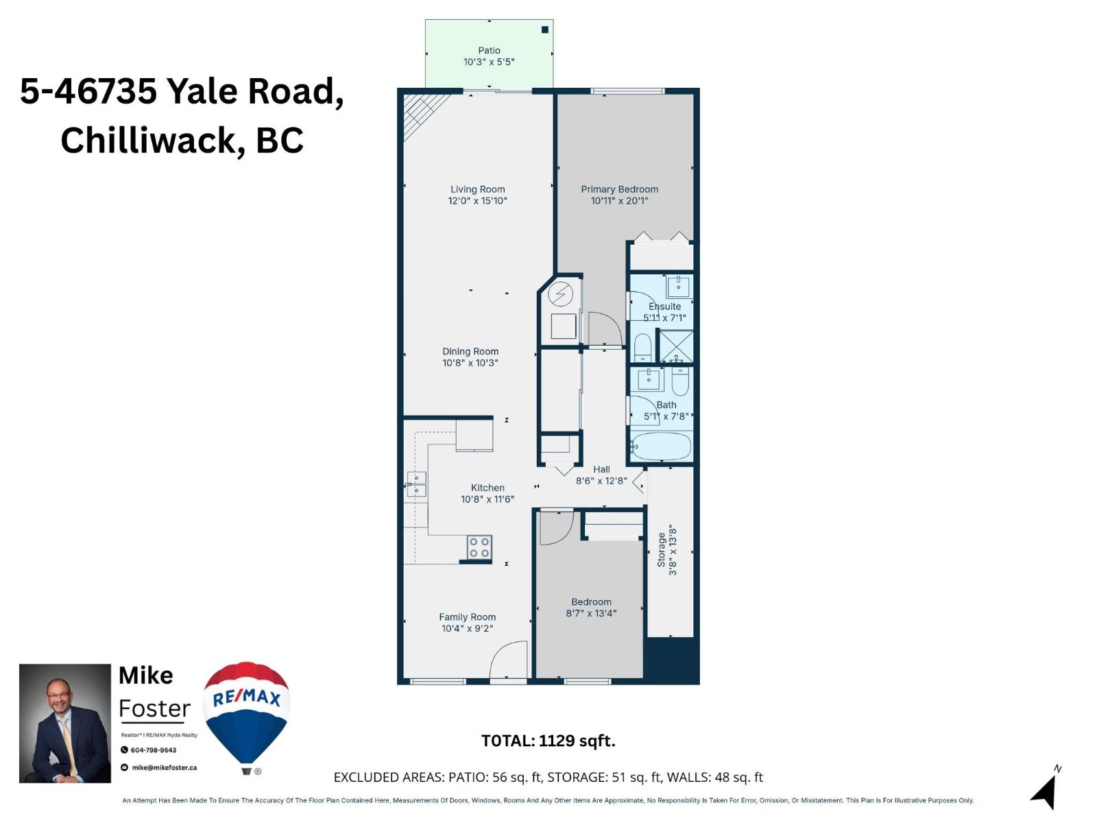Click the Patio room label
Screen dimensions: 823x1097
[489, 50]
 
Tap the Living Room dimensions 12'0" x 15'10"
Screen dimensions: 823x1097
[477, 201]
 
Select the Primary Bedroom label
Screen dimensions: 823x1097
[619, 189]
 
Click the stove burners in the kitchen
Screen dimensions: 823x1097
[479, 547]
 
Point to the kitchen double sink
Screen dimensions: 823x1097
[416, 484]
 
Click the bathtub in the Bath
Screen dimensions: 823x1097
[661, 446]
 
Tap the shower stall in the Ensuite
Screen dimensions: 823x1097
[675, 346]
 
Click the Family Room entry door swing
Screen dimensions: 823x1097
[508, 661]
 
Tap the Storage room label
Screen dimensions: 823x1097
[661, 550]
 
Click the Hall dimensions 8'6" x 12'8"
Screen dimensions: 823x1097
[601, 481]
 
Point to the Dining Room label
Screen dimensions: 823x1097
[470, 351]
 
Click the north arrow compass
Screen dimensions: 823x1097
[1045, 790]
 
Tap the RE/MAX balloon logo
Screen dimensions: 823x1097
[247, 713]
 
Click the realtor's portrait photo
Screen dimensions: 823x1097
[65, 723]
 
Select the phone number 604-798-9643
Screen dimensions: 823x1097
[154, 750]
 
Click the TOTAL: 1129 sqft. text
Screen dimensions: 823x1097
[548, 741]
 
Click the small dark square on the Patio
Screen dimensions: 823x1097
[545, 29]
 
